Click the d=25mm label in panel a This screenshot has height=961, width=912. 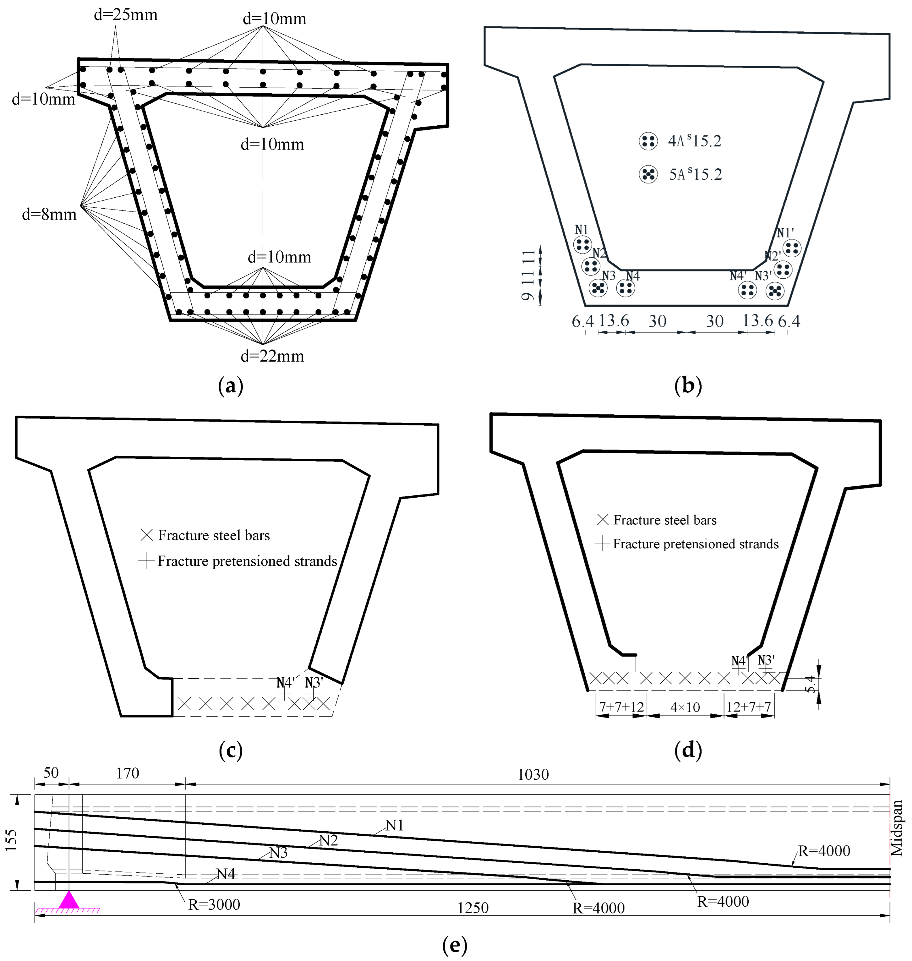coord(125,15)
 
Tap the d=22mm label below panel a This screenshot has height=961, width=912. coord(272,356)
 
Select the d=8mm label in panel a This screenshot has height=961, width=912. coord(49,214)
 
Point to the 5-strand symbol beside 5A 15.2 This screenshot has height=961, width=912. coord(648,174)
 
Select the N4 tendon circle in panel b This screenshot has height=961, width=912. coord(625,288)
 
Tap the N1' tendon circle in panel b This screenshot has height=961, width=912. coord(792,248)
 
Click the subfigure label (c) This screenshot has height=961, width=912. coord(231,751)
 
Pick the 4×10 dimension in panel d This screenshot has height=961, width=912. coord(685,707)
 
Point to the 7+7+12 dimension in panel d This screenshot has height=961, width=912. coord(621,707)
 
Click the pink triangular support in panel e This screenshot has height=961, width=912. coord(69,900)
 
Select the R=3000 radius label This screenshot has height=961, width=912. coord(214,905)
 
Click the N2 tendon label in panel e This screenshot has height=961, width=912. coord(328,841)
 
